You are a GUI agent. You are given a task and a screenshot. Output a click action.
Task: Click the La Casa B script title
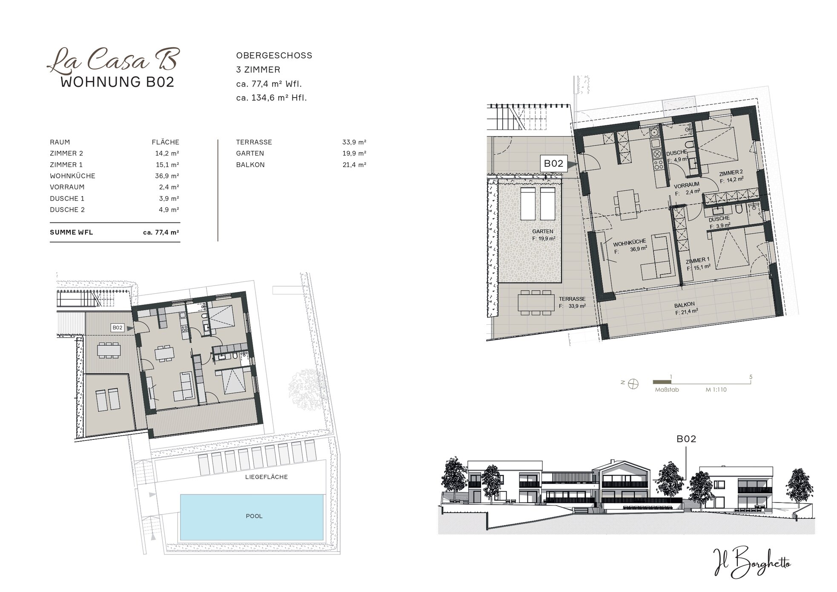tap(113, 60)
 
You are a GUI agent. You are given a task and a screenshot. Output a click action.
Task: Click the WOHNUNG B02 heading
tap(118, 82)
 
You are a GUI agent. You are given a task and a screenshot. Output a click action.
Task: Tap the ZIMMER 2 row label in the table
tap(66, 153)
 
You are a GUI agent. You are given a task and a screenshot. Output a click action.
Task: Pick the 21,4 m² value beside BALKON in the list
tap(355, 165)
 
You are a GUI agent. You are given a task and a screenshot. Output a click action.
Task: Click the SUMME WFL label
tap(72, 233)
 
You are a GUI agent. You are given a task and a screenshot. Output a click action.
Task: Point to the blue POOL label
tap(254, 516)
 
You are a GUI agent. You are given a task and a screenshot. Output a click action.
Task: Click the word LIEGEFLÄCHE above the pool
tap(267, 477)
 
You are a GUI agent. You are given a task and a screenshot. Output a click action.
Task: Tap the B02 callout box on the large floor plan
tap(554, 163)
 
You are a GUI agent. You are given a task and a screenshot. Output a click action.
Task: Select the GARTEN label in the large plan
tap(543, 231)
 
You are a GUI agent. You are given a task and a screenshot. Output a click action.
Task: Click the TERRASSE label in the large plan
tap(572, 299)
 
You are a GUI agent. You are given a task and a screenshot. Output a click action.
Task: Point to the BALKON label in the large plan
tap(685, 305)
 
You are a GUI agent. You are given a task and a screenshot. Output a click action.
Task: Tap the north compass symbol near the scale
tap(634, 383)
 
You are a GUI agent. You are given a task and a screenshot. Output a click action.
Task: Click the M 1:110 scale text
tap(716, 390)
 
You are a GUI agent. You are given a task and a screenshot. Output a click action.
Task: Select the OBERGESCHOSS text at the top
tap(274, 55)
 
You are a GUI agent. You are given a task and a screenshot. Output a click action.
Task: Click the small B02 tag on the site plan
tap(117, 328)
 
